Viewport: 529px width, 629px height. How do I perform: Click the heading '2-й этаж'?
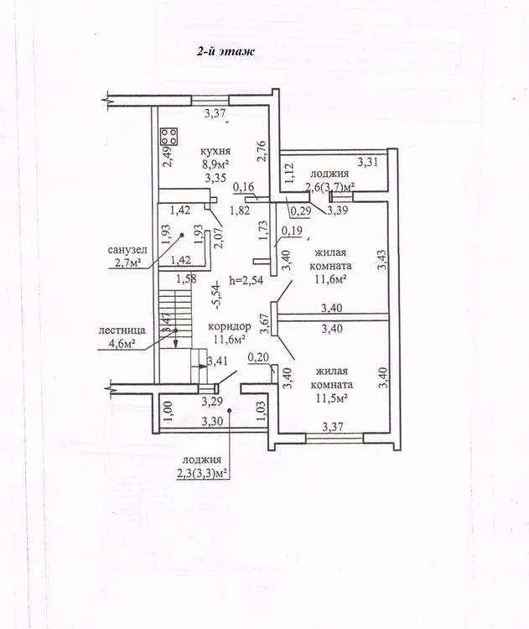click(x=226, y=51)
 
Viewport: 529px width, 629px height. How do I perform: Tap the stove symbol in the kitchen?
click(x=169, y=137)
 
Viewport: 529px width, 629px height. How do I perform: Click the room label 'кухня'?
click(x=215, y=151)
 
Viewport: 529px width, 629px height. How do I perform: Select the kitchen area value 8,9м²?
click(x=215, y=164)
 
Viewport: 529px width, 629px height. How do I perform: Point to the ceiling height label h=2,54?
click(x=246, y=279)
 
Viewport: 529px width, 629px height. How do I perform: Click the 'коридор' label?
click(x=229, y=326)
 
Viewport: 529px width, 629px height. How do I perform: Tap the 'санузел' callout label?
click(x=127, y=250)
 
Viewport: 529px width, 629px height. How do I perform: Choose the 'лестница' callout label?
click(x=122, y=330)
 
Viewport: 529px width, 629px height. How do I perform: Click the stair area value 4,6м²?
click(x=121, y=343)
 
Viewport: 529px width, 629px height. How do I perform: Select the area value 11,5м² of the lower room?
click(x=331, y=398)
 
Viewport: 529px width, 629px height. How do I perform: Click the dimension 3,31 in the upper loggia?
click(x=367, y=163)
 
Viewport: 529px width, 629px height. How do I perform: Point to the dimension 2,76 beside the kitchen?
click(x=262, y=150)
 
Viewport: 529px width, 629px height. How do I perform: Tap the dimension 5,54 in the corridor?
click(x=218, y=296)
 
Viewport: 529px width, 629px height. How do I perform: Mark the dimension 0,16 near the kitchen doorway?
click(x=243, y=187)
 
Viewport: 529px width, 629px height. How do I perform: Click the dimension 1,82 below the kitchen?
click(x=240, y=211)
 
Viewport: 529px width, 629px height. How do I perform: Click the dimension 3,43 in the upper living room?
click(x=384, y=259)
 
